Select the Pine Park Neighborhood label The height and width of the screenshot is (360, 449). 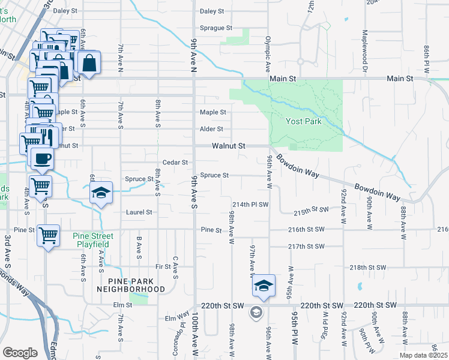pyautogui.click(x=131, y=285)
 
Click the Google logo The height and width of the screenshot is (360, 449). pyautogui.click(x=20, y=353)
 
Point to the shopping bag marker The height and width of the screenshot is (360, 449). pyautogui.click(x=89, y=63)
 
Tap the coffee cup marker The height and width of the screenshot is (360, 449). pyautogui.click(x=42, y=159)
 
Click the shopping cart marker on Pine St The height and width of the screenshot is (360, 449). pyautogui.click(x=48, y=235)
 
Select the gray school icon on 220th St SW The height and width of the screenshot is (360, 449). pyautogui.click(x=256, y=312)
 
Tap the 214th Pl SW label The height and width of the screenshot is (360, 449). pyautogui.click(x=251, y=205)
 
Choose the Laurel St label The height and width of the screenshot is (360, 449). pyautogui.click(x=139, y=212)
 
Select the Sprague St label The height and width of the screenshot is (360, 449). pyautogui.click(x=215, y=28)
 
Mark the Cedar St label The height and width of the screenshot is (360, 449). pyautogui.click(x=175, y=163)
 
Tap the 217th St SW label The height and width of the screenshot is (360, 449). pyautogui.click(x=306, y=247)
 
